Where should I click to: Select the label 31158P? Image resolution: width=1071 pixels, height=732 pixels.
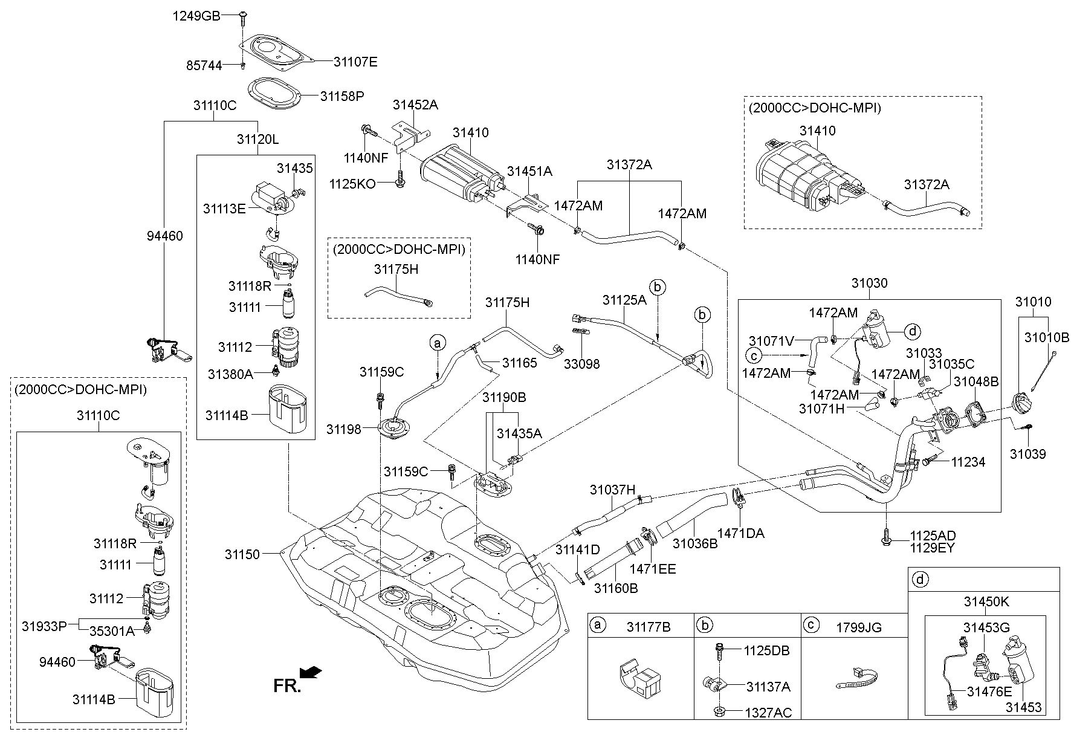tap(343, 96)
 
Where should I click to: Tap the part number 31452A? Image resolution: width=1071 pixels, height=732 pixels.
tap(415, 105)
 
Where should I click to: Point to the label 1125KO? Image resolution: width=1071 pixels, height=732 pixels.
tap(352, 183)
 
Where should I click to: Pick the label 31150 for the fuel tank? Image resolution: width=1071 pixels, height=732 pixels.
tap(242, 554)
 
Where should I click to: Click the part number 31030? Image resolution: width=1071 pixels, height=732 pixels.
tap(869, 283)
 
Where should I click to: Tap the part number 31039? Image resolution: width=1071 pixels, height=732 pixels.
tap(1027, 454)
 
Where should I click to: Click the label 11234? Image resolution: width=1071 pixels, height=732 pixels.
tap(968, 462)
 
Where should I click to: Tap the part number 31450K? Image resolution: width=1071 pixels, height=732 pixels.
tap(986, 602)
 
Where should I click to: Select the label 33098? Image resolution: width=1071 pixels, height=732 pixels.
tap(582, 364)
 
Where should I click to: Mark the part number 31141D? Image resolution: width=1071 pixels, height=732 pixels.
tap(578, 549)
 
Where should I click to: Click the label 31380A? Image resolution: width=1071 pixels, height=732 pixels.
tap(230, 374)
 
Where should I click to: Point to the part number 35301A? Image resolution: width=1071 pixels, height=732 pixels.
tap(112, 632)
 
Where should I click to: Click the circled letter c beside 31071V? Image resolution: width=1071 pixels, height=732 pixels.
tap(754, 355)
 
